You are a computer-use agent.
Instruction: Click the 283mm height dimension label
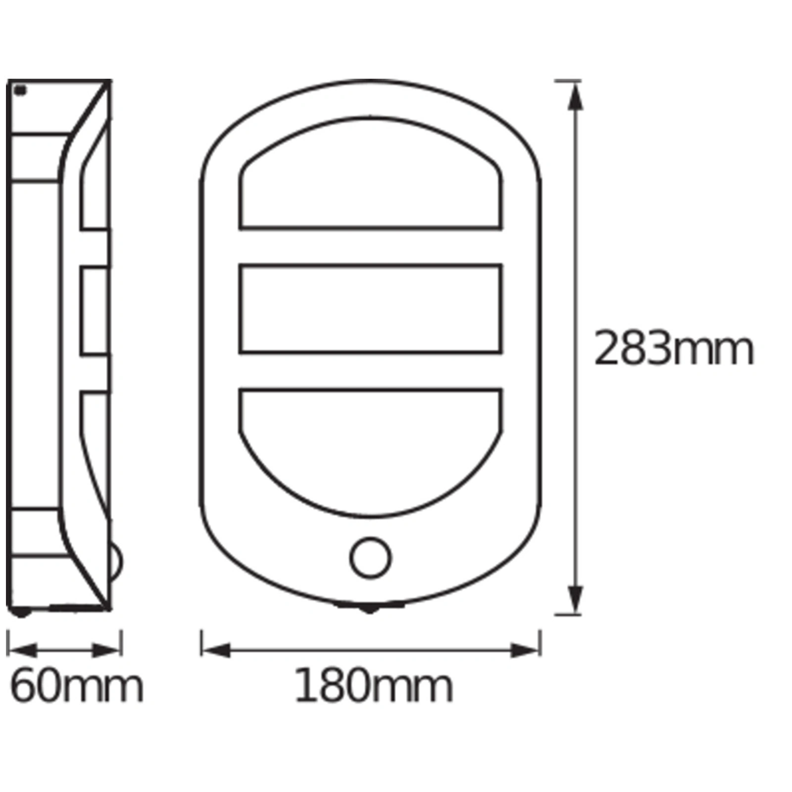(673, 349)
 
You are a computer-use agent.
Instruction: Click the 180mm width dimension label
(373, 686)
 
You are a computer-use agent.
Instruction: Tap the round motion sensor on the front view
(370, 558)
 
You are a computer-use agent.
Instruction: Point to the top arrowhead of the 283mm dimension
(574, 96)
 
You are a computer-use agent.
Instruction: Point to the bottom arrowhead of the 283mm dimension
(574, 599)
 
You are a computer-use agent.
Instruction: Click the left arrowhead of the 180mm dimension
(216, 650)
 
